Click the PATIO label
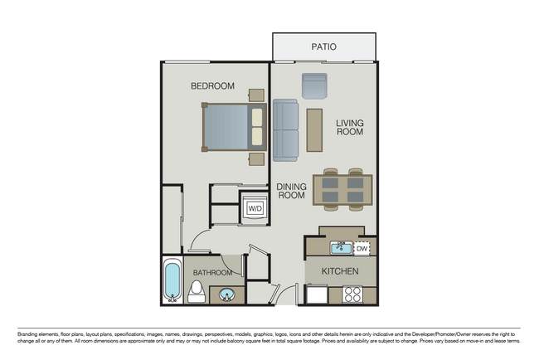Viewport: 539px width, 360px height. point(323,47)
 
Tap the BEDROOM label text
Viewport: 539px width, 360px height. point(212,85)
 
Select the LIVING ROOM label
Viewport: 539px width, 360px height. point(350,127)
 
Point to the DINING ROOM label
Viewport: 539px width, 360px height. point(292,192)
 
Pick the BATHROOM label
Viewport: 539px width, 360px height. point(213,272)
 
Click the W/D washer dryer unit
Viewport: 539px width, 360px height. point(255,207)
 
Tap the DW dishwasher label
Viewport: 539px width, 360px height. point(362,247)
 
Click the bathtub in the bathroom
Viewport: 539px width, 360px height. point(172,282)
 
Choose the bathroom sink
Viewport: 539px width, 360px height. point(226,294)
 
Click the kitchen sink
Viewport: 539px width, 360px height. point(341,247)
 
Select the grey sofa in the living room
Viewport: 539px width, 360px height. point(286,129)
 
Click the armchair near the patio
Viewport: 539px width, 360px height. point(315,85)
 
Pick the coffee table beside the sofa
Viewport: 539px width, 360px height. point(314,129)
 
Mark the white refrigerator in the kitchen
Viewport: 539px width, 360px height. point(317,294)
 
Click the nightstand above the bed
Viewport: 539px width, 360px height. point(255,95)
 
